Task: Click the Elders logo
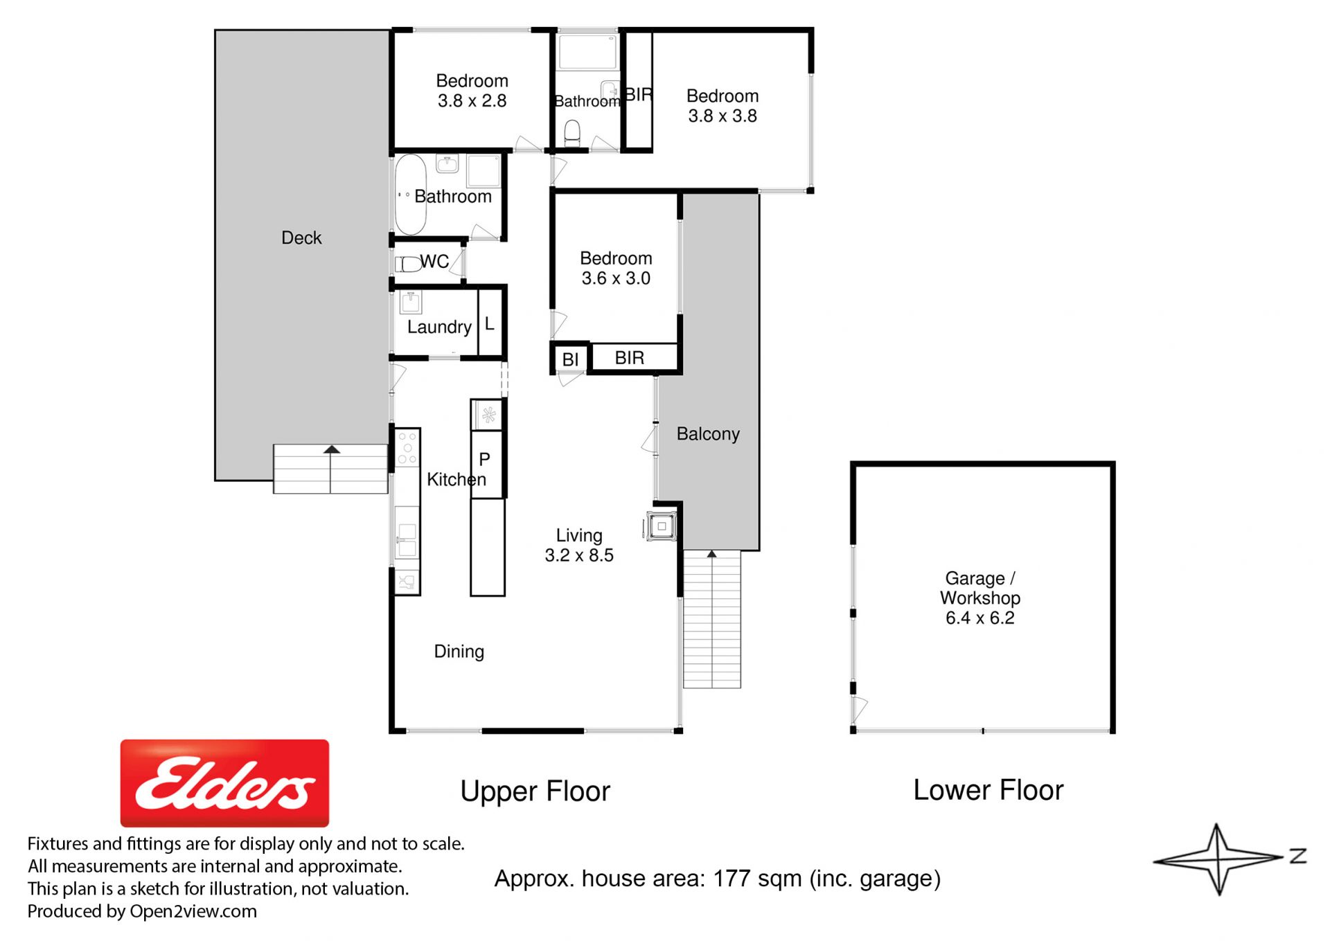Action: [224, 782]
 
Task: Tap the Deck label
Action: [301, 238]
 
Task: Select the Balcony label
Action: [708, 434]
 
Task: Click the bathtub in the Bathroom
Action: [410, 195]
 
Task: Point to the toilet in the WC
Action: [408, 264]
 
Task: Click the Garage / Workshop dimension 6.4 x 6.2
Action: [979, 618]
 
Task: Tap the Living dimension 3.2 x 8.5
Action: [579, 555]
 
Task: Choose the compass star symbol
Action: [1218, 859]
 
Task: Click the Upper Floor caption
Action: [535, 791]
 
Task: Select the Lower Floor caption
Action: [988, 790]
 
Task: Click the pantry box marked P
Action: [487, 464]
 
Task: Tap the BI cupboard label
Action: [570, 359]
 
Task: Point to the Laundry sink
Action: [411, 303]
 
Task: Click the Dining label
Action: [459, 652]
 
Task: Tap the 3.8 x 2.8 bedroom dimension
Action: [472, 101]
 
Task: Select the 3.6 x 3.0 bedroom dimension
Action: [616, 278]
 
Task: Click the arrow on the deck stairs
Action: [332, 449]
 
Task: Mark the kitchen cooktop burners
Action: [407, 448]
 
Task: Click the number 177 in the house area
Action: [732, 879]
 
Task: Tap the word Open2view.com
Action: [193, 911]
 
